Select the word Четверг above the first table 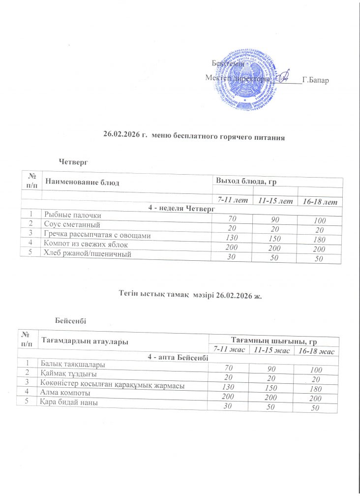coord(73,161)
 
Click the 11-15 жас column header coord(270,350)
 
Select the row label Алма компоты coord(65,394)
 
